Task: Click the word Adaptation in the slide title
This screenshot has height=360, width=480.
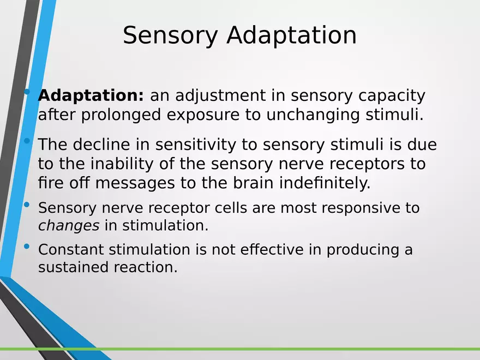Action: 291,36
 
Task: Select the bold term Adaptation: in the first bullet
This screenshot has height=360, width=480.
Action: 91,95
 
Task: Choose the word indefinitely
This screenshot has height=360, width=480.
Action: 325,183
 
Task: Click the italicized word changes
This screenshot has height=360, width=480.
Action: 69,225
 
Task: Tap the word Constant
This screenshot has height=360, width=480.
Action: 71,250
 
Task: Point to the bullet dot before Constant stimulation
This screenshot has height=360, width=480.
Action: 27,247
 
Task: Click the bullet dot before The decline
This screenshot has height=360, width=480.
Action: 27,141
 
